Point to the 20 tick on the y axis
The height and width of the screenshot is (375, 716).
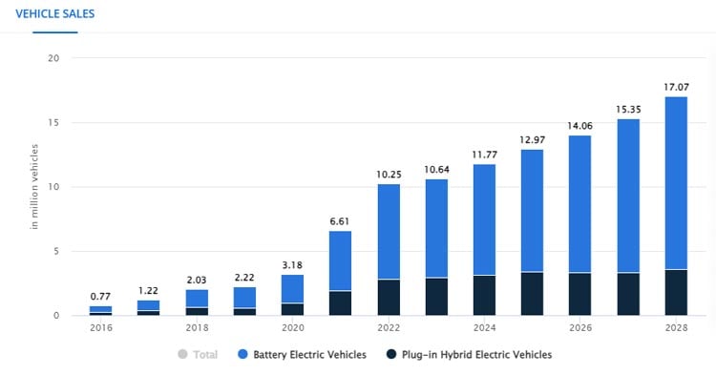click(53, 58)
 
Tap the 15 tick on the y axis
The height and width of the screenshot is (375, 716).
click(53, 123)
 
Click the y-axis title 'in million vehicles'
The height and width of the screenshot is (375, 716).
click(34, 188)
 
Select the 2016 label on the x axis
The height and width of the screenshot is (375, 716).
click(100, 326)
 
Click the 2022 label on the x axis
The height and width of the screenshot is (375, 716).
click(388, 326)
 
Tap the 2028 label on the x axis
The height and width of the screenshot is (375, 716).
click(675, 326)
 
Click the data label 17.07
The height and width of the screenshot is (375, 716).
click(675, 87)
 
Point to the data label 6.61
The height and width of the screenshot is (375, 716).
click(340, 221)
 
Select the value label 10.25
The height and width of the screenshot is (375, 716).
click(388, 175)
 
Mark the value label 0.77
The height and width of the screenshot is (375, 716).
click(100, 297)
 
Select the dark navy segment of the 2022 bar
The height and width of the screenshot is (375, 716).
click(388, 298)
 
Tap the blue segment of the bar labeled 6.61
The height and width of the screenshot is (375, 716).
click(340, 260)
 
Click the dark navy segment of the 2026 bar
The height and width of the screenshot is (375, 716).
click(579, 294)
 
